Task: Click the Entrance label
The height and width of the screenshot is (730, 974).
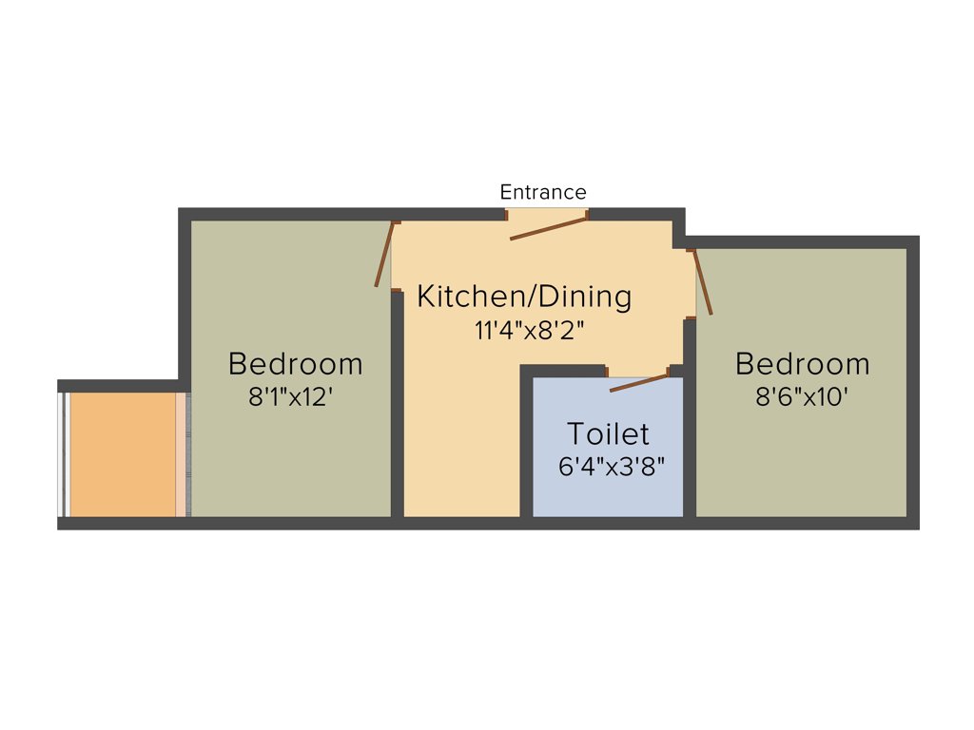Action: coord(543,193)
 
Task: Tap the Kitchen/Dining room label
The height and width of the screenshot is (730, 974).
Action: coord(524,297)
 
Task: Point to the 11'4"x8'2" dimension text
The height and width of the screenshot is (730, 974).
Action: coord(530,331)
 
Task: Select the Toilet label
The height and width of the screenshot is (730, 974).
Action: coord(609,434)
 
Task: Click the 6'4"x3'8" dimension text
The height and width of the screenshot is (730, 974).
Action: coord(611,468)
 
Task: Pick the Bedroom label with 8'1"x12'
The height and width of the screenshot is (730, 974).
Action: coord(296,364)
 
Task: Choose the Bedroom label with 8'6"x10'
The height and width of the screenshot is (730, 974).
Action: coord(803,364)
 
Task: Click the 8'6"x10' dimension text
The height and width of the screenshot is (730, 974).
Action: coord(802,397)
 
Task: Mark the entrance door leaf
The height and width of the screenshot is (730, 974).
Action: coord(549,227)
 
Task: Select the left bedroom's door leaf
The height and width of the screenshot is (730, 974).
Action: coord(384,255)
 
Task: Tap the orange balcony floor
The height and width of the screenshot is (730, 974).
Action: coord(122,454)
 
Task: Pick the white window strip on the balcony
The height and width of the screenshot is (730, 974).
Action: coord(63,454)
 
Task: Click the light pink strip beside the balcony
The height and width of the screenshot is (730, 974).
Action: coord(181,454)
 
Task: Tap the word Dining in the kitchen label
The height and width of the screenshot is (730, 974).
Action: coord(584,297)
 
